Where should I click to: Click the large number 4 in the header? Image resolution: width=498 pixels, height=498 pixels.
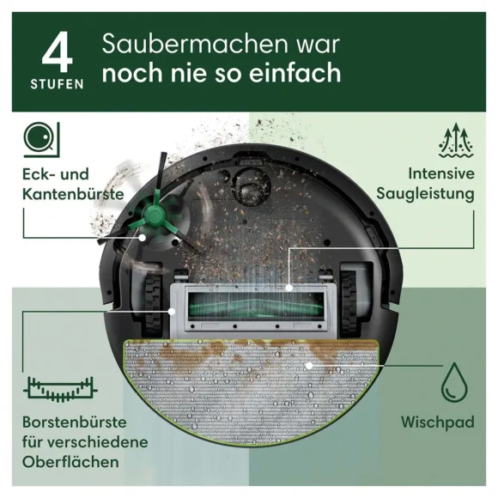point(58,52)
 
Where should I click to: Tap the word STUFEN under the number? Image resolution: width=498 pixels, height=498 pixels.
point(58,84)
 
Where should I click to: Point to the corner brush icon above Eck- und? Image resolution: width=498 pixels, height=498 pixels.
point(41,140)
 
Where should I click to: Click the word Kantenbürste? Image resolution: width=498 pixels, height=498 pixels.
point(73,194)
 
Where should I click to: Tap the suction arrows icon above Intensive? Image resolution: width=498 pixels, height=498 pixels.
point(456,140)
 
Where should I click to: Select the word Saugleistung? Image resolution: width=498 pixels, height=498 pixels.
point(425,194)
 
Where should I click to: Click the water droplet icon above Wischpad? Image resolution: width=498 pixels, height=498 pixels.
point(454,382)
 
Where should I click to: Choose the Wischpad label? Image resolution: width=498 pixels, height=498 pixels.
point(437,422)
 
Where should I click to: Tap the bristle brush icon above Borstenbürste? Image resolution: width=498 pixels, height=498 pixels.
point(60,388)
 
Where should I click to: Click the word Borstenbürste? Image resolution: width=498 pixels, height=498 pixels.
point(75,422)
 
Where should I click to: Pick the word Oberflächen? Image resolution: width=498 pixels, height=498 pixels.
point(70,462)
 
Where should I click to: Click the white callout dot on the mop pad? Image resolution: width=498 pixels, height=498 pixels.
point(308,366)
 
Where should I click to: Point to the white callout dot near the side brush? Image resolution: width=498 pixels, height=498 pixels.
point(143,237)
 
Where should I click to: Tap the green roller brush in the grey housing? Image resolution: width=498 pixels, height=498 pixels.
point(256,304)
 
